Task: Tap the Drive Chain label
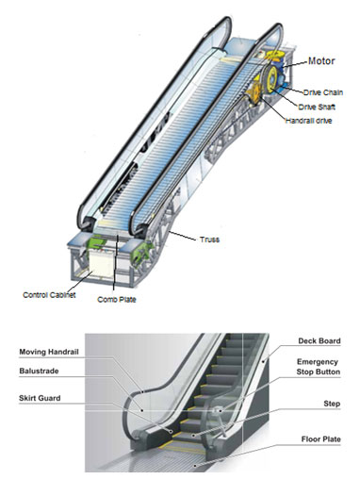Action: point(323,92)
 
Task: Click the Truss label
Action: point(208,240)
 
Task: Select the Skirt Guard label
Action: point(40,400)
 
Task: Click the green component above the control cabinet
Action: point(97,243)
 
